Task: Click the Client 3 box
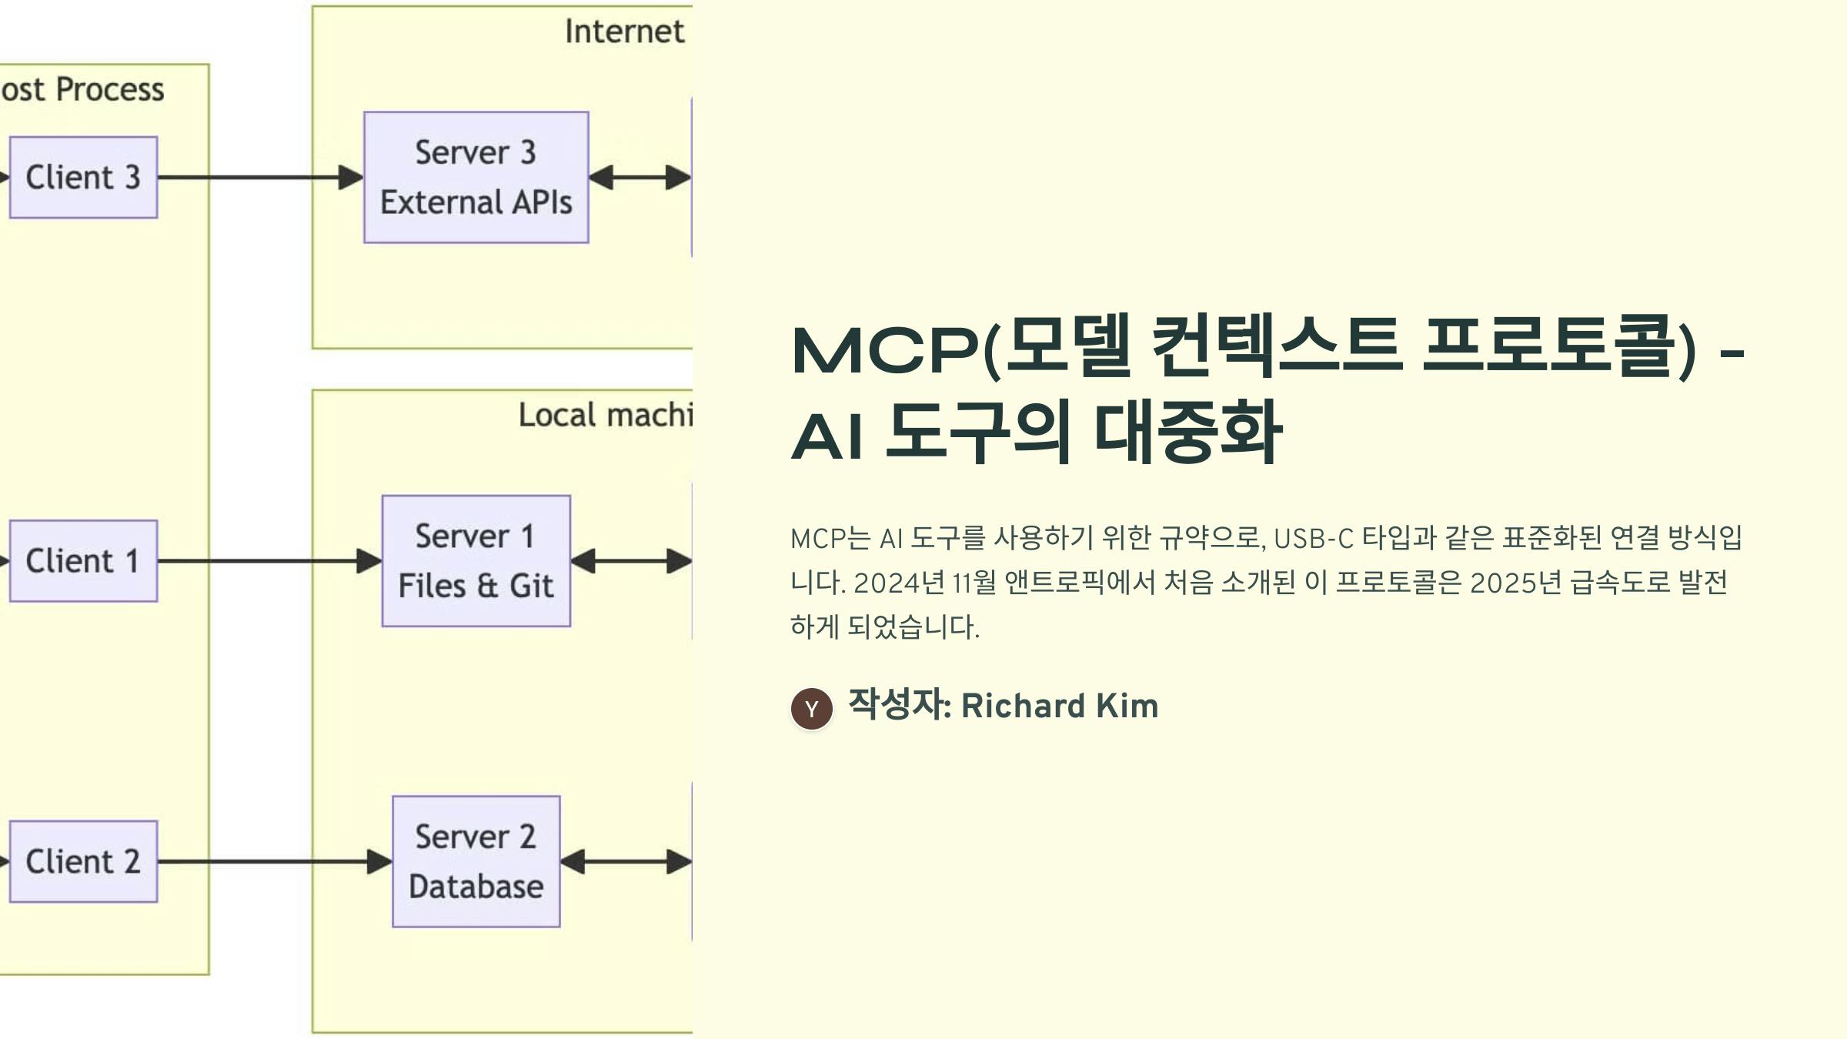[x=83, y=177]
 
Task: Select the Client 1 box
[x=83, y=560]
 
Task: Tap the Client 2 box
[x=83, y=861]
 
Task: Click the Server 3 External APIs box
[x=476, y=177]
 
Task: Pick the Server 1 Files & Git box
[x=476, y=560]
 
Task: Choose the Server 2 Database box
[x=476, y=861]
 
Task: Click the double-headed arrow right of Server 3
[x=640, y=177]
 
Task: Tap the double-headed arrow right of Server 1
[x=631, y=560]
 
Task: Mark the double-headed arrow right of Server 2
[x=626, y=861]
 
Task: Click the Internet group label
[x=624, y=32]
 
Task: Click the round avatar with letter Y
[x=811, y=709]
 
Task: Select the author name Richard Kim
[x=1059, y=706]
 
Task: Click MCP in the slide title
[x=885, y=351]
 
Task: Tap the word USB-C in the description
[x=1313, y=538]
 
